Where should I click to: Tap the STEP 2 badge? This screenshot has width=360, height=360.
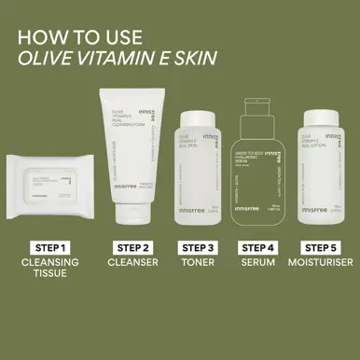tap(132, 247)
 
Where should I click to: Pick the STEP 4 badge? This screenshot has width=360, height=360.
tap(259, 247)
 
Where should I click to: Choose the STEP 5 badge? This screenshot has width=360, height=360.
tap(322, 247)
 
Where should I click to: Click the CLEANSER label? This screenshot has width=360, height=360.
tap(132, 265)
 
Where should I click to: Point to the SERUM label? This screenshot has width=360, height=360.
tap(259, 265)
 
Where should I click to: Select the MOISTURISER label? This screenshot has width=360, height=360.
tap(322, 265)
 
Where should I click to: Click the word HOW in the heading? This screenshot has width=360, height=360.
tap(40, 38)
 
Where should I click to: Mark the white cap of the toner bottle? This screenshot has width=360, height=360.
tap(198, 119)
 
